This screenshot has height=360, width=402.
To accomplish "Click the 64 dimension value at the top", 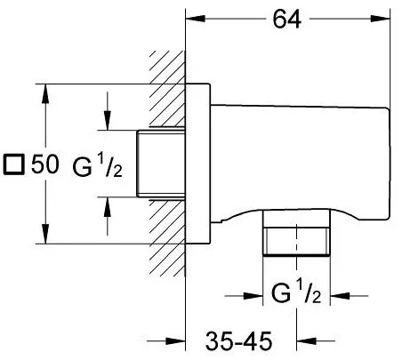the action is click(286, 19).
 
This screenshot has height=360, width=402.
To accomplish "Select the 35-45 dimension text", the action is click(238, 341).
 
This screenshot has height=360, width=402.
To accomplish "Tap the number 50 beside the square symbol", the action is click(45, 164).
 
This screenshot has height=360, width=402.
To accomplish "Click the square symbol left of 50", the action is click(13, 164).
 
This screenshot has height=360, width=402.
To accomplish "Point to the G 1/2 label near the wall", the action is click(97, 166).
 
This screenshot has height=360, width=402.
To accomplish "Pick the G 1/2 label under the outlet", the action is click(296, 292).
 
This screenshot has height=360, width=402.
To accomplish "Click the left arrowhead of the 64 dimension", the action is click(196, 19).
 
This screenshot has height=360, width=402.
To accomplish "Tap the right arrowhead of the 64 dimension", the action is click(380, 19).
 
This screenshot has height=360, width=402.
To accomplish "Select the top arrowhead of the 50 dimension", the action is click(45, 93).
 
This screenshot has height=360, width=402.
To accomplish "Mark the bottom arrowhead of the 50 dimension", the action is click(45, 234).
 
